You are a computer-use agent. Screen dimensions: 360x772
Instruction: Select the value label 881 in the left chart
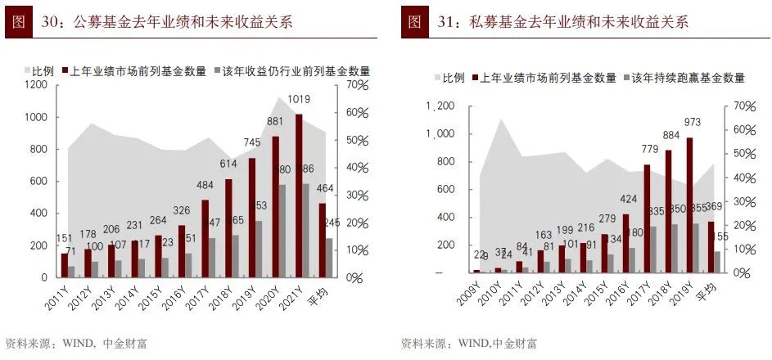point(274,124)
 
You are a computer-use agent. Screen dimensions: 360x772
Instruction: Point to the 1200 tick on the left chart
point(37,84)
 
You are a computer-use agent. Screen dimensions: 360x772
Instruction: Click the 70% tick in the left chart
point(359,84)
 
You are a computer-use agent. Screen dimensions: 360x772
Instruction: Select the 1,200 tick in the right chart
point(440,106)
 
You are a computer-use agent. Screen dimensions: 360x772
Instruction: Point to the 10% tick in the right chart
point(743,249)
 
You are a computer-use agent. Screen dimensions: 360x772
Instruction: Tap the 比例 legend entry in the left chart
point(43,71)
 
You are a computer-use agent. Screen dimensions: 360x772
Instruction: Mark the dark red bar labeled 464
point(321,241)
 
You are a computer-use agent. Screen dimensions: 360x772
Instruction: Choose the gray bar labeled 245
point(329,258)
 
